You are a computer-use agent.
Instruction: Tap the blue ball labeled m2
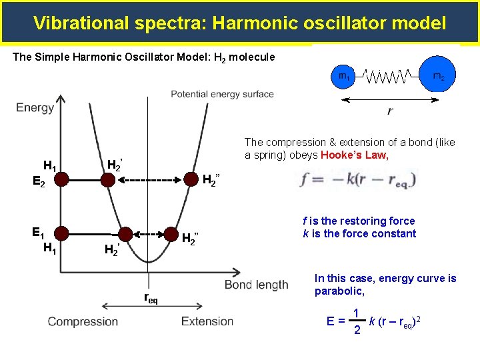coord(438,75)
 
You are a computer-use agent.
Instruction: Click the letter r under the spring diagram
coord(390,111)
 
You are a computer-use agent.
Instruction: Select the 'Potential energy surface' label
coord(222,94)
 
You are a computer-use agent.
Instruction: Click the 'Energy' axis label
coord(35,107)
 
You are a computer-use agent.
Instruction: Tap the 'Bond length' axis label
coord(257,285)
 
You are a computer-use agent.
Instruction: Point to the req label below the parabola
coord(151,299)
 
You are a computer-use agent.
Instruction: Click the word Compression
coord(83,322)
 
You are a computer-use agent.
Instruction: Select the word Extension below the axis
coord(207,322)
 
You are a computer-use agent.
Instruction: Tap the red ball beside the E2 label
coord(61,179)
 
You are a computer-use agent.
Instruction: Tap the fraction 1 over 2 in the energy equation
coord(357,321)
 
